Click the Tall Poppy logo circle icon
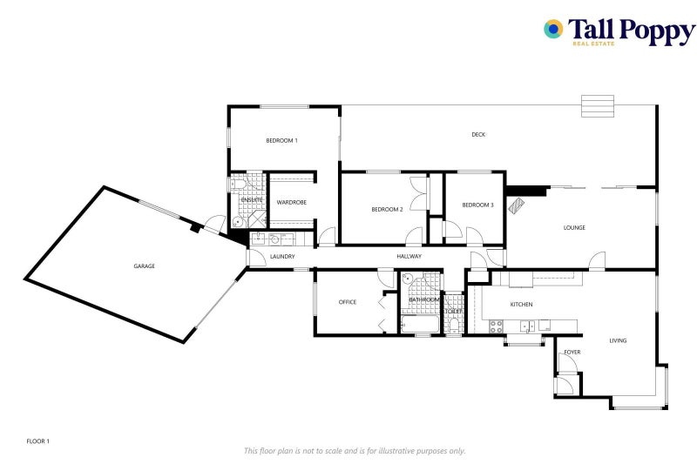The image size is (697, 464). (553, 30)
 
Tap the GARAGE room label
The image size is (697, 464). (144, 266)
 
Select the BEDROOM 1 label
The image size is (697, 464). (281, 140)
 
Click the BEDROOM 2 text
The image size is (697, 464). (386, 209)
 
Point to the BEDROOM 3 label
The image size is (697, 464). (477, 205)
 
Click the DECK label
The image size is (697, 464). (478, 134)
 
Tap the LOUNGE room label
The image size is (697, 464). (574, 228)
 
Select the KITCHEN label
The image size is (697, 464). (521, 304)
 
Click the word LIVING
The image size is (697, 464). (618, 340)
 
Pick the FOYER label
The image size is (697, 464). (572, 352)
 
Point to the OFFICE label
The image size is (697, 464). (348, 302)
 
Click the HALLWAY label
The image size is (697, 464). (409, 257)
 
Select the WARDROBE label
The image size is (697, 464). (291, 202)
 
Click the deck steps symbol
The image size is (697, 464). (598, 105)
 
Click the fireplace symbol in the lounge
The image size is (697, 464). (517, 205)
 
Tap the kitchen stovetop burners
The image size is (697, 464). (496, 326)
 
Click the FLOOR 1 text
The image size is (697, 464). (37, 441)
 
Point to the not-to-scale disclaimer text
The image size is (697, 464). (355, 451)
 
